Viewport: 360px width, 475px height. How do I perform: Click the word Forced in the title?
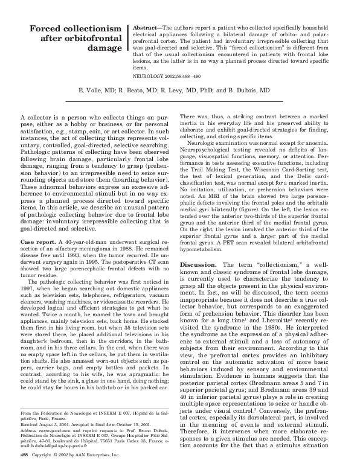point(48,28)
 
